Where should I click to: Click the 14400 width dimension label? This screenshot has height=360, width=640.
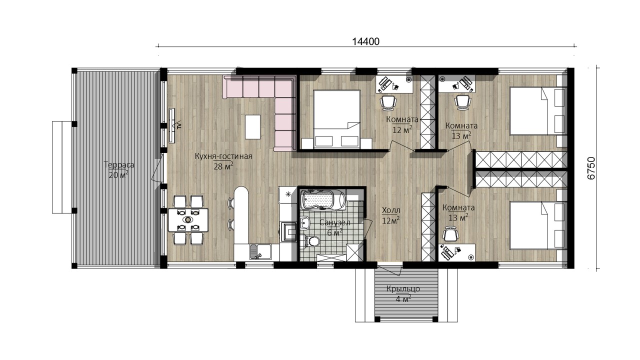click(365, 41)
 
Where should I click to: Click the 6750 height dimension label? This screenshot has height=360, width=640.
click(591, 168)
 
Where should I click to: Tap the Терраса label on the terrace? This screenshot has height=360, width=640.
click(119, 165)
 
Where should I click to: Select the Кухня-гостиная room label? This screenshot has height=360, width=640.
click(223, 156)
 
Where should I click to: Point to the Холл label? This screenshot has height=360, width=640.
click(391, 210)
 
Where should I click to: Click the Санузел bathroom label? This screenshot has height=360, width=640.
click(335, 222)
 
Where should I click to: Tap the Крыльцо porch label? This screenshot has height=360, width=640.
click(403, 288)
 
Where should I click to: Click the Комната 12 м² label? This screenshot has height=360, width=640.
click(402, 124)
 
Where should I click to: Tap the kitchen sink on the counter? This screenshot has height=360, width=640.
click(260, 252)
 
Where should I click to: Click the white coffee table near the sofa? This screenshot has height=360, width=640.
click(252, 127)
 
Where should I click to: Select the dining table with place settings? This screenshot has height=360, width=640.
click(188, 219)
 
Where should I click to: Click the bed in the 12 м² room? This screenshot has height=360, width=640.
click(336, 119)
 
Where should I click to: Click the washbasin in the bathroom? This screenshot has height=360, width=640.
click(305, 222)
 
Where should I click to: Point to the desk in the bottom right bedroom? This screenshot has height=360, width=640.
click(456, 252)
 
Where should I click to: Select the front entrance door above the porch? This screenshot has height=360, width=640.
click(390, 270)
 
